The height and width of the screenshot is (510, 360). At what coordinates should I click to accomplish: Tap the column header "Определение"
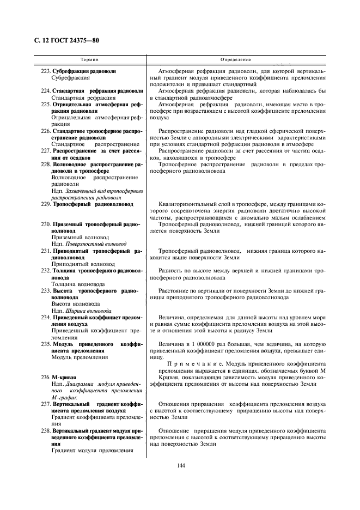235,59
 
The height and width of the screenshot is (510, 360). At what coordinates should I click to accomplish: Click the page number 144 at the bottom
180,464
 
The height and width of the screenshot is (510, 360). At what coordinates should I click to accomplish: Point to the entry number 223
46,71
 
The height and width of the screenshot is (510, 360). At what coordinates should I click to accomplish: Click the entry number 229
46,204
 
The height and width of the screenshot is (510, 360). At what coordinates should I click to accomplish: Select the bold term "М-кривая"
64,377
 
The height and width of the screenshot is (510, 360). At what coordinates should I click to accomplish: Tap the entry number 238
46,430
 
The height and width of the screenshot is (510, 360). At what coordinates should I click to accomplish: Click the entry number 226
46,131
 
